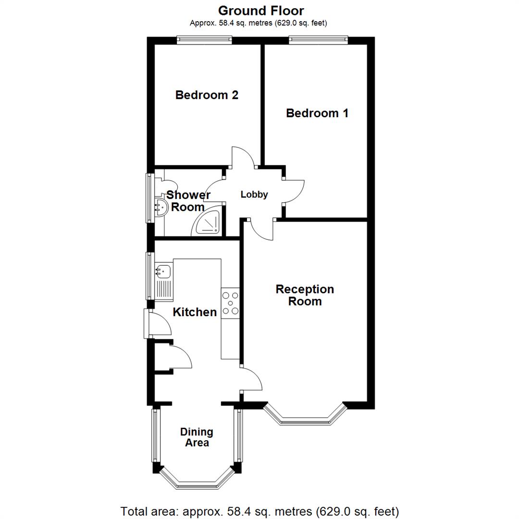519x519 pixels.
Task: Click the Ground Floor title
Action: point(261,11)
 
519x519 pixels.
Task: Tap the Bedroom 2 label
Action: point(207,95)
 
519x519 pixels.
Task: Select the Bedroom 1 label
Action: point(317,113)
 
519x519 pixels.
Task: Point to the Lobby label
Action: point(254,195)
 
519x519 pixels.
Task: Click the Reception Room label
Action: point(305,295)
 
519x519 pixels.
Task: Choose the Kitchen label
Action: point(195,312)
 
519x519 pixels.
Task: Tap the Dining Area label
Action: point(197,437)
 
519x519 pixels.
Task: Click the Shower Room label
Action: point(188,201)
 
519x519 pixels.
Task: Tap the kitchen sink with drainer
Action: point(163,281)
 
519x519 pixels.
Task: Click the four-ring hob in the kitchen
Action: point(230,303)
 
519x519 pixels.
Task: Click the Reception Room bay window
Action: point(305,418)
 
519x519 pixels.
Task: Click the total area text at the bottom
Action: point(259,511)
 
